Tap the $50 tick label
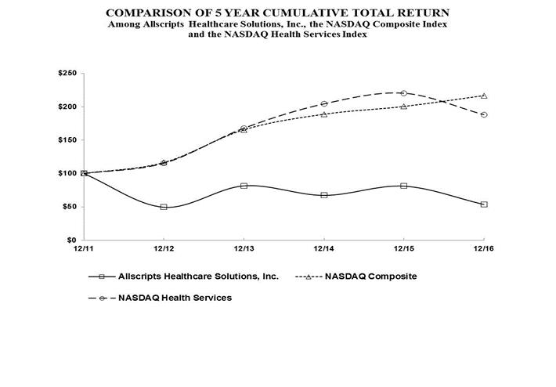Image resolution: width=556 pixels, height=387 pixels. tap(67, 207)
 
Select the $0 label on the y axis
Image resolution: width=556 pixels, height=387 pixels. tap(70, 240)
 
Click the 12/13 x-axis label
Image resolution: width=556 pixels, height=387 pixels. tap(244, 248)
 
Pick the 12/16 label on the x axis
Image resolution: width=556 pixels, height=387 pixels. tap(484, 248)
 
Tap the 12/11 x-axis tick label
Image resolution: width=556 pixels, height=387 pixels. tap(84, 248)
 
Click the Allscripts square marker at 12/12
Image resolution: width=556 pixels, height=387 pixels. tap(164, 207)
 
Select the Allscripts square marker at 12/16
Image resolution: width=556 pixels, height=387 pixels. tap(484, 204)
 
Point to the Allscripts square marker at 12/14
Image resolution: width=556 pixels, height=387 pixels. tap(324, 195)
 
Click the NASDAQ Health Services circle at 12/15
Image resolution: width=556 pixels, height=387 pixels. tap(404, 93)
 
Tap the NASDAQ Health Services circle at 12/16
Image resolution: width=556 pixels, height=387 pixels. tap(484, 114)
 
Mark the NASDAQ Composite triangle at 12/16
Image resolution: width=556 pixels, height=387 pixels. tap(484, 96)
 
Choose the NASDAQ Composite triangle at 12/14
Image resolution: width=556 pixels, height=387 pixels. tap(324, 114)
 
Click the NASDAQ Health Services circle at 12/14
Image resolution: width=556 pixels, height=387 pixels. tap(324, 103)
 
